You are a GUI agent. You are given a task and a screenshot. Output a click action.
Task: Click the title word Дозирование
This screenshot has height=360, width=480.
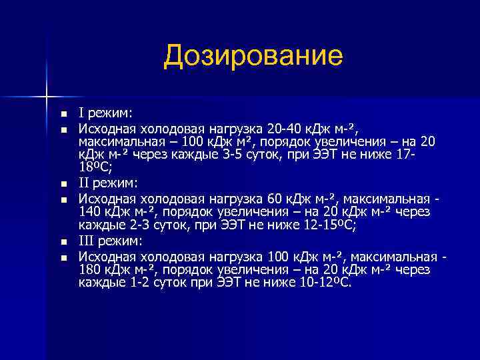click(x=253, y=56)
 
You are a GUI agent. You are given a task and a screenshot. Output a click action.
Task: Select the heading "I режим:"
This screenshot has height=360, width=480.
click(x=106, y=112)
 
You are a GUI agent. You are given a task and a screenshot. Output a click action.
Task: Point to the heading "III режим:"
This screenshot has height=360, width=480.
click(x=112, y=241)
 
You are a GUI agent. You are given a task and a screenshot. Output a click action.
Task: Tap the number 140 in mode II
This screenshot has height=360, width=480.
click(x=90, y=212)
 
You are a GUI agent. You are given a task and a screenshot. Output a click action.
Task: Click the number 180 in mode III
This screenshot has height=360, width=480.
click(x=90, y=269)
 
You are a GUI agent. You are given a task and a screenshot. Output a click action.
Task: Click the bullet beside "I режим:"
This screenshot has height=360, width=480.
click(x=63, y=113)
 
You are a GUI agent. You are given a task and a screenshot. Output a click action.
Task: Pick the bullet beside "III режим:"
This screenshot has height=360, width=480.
click(x=63, y=241)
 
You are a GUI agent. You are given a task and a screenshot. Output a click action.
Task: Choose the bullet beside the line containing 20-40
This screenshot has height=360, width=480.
click(x=63, y=127)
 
